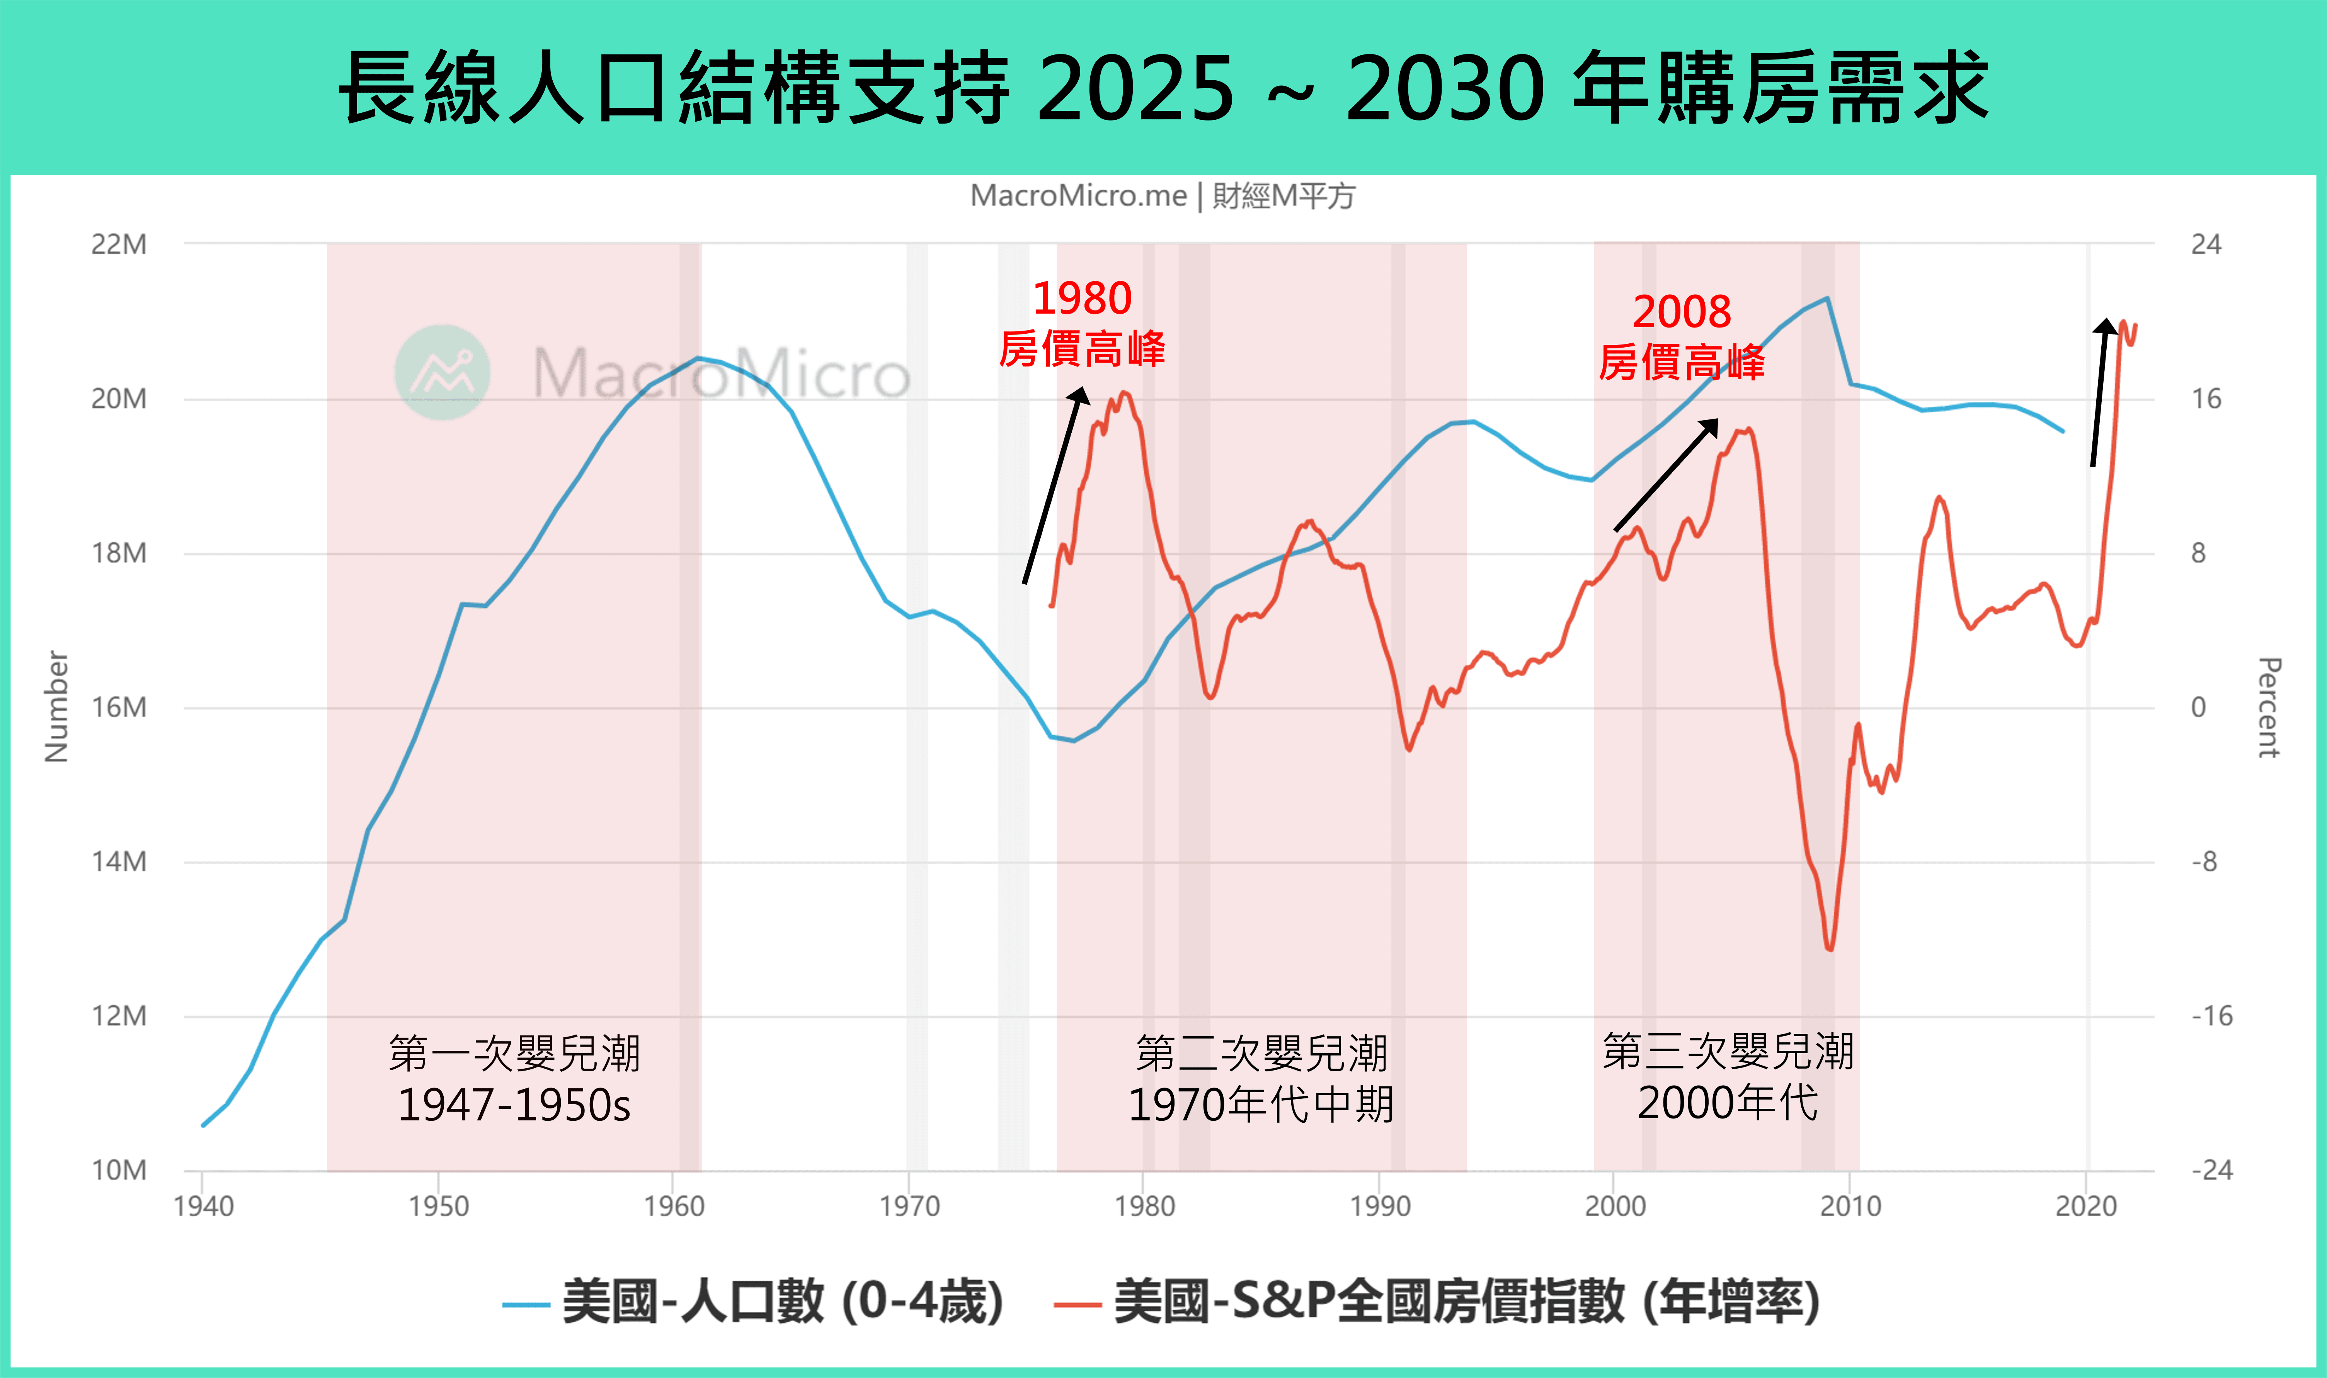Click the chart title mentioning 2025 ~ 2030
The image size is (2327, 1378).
[1163, 88]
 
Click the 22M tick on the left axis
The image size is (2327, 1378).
[119, 244]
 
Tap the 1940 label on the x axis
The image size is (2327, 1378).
[203, 1206]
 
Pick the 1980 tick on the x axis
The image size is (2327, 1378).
[1144, 1206]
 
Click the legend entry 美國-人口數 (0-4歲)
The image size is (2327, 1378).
[752, 1302]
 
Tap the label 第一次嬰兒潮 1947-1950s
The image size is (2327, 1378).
[514, 1079]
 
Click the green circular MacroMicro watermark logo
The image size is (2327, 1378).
[442, 372]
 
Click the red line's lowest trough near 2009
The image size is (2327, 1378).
[1829, 948]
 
